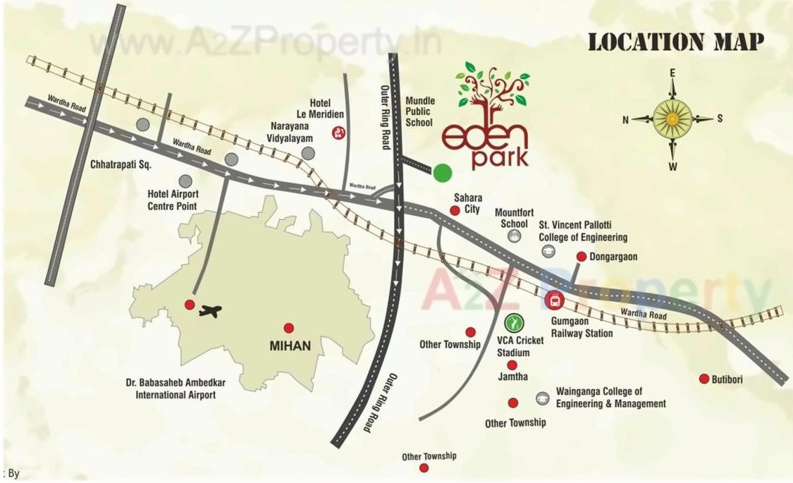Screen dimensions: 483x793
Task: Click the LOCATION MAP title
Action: click(x=676, y=42)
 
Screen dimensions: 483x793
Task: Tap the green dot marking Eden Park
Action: click(x=443, y=172)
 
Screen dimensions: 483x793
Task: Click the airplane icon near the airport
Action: click(x=210, y=310)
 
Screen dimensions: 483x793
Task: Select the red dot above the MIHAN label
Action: click(x=288, y=328)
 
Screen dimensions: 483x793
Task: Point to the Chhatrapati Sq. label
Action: click(x=121, y=164)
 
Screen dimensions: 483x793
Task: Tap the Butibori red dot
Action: click(x=703, y=379)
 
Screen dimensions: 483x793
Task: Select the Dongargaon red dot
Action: click(x=582, y=257)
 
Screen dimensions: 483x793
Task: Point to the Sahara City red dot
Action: click(x=455, y=210)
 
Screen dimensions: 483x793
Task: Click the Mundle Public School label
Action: click(x=420, y=112)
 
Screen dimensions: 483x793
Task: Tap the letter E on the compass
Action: click(x=672, y=73)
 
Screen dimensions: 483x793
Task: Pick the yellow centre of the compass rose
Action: click(x=672, y=118)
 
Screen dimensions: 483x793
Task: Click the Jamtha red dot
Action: click(x=512, y=365)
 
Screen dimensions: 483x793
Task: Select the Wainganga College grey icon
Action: click(x=542, y=398)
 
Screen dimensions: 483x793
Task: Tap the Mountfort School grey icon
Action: click(x=515, y=237)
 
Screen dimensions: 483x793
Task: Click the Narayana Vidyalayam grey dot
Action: click(x=307, y=153)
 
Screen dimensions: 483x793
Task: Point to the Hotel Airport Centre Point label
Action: click(x=173, y=200)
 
